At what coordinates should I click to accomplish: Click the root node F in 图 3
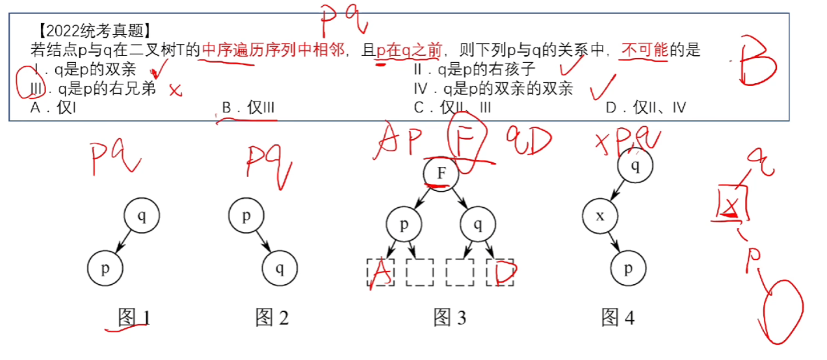[x=441, y=174]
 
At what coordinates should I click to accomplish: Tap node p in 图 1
[x=105, y=268]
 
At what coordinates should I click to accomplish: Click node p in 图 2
[x=246, y=216]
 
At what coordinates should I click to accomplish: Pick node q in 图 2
[x=280, y=268]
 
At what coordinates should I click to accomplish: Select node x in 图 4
[x=600, y=216]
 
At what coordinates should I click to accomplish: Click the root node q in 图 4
[x=635, y=166]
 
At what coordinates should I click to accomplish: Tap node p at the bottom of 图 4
[x=628, y=268]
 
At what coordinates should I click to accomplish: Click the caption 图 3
[x=450, y=318]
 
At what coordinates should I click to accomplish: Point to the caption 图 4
[x=618, y=318]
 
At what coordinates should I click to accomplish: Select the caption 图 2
[x=272, y=318]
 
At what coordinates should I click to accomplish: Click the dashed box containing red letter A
[x=380, y=272]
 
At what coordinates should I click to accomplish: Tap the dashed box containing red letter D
[x=499, y=272]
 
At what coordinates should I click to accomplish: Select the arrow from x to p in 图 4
[x=614, y=242]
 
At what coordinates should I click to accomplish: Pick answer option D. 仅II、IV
[x=646, y=108]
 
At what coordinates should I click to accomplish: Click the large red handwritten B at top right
[x=755, y=63]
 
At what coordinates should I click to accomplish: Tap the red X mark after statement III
[x=174, y=90]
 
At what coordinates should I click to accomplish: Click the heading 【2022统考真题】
[x=94, y=30]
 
